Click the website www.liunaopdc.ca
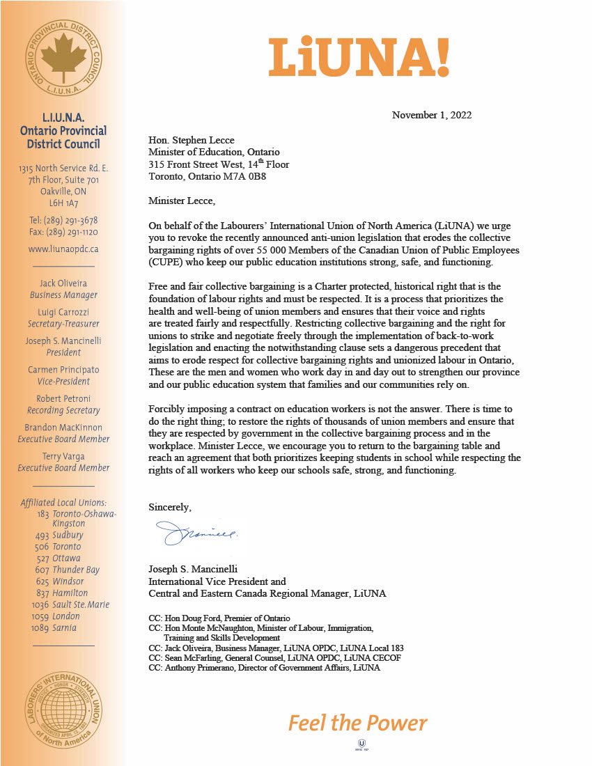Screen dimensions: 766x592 [63, 249]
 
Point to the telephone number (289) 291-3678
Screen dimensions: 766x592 [63, 220]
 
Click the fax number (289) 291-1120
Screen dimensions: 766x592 [63, 232]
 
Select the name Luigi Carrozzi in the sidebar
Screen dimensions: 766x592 [63, 312]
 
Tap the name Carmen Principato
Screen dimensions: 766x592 [63, 370]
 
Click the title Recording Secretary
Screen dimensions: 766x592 [63, 410]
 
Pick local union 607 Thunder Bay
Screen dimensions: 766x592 [68, 570]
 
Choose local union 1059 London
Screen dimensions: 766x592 [56, 616]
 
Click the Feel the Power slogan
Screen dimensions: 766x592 [357, 722]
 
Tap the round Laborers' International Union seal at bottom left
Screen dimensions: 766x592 [63, 705]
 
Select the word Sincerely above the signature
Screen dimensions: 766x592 [169, 506]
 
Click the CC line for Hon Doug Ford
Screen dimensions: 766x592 [219, 618]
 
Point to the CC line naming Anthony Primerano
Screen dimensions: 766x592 [265, 667]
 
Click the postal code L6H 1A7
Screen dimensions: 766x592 [63, 203]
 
